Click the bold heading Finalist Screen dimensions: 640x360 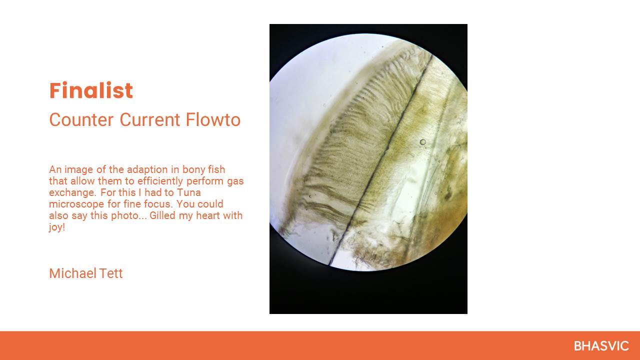pyautogui.click(x=91, y=90)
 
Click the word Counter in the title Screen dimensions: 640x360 pyautogui.click(x=81, y=119)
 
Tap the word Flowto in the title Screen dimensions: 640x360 pyautogui.click(x=213, y=119)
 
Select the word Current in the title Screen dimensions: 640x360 pyautogui.click(x=149, y=119)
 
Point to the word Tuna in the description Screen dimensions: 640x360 pyautogui.click(x=188, y=192)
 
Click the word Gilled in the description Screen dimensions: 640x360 pyautogui.click(x=162, y=215)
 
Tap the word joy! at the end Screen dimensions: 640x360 pyautogui.click(x=57, y=227)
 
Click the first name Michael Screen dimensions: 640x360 pyautogui.click(x=72, y=273)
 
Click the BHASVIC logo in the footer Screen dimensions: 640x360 pyautogui.click(x=601, y=346)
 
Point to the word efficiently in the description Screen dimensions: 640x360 pyautogui.click(x=160, y=181)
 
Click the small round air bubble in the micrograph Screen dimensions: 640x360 pyautogui.click(x=423, y=141)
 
